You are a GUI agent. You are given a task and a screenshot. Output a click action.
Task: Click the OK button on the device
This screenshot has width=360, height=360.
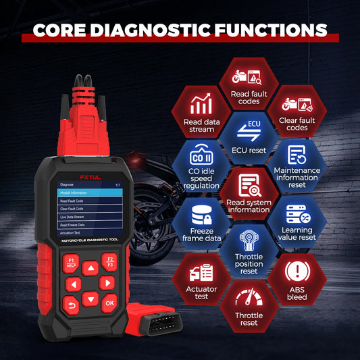[x=109, y=304]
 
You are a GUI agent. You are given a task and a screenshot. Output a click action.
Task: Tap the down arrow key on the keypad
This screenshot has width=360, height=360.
[x=91, y=297]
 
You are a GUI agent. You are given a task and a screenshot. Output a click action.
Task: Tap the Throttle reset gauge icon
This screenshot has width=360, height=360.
[x=247, y=299]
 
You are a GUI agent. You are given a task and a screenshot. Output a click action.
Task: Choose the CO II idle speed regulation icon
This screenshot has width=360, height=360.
[x=200, y=159]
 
